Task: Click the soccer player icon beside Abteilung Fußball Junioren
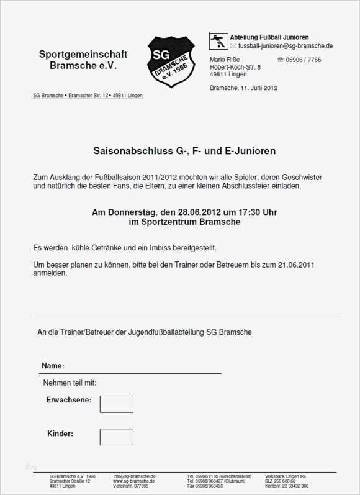pyautogui.click(x=218, y=41)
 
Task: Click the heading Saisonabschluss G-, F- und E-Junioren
pyautogui.click(x=184, y=151)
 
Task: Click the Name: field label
pyautogui.click(x=53, y=366)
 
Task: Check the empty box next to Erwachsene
pyautogui.click(x=116, y=404)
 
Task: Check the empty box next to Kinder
pyautogui.click(x=116, y=437)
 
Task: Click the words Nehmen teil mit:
pyautogui.click(x=70, y=383)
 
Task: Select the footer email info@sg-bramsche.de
pyautogui.click(x=134, y=476)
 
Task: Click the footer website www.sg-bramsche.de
pyautogui.click(x=133, y=481)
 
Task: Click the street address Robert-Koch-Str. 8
pyautogui.click(x=235, y=66)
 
